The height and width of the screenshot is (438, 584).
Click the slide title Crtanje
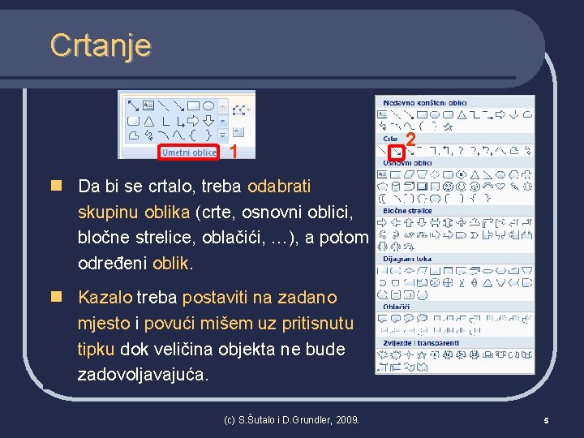pos(100,45)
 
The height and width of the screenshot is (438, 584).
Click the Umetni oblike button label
pos(189,152)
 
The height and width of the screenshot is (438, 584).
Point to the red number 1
pos(234,152)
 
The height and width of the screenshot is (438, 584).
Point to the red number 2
pos(410,141)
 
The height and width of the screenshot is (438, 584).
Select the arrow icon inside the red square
pos(395,151)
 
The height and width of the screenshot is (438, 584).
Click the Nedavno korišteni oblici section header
pos(423,103)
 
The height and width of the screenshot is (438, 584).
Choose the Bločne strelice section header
pos(407,211)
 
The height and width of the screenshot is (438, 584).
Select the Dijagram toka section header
pos(406,259)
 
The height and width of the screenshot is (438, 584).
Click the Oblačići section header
pos(397,307)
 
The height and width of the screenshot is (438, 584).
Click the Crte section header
pos(390,139)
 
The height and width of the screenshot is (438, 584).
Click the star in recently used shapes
pos(449,127)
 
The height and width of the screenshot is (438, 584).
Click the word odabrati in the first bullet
pos(279,186)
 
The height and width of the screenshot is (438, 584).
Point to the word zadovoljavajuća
pos(143,375)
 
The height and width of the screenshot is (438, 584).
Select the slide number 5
pos(547,420)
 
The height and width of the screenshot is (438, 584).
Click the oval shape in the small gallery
pos(208,105)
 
